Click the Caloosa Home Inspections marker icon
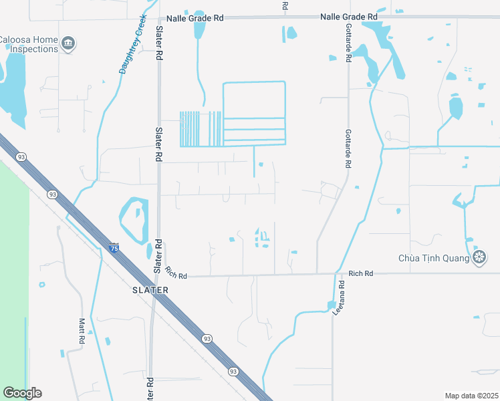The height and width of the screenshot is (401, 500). tap(68, 44)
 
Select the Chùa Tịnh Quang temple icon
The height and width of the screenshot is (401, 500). tap(479, 257)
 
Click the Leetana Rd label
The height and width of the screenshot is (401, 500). tap(341, 298)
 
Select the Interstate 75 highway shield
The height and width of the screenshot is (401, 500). tap(114, 247)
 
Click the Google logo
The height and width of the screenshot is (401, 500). tap(22, 393)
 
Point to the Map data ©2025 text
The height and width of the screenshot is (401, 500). tap(471, 396)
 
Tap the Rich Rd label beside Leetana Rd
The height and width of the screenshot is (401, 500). tap(360, 273)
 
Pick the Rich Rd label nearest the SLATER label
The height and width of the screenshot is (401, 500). tap(176, 273)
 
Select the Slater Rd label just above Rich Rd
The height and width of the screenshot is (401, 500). tap(158, 256)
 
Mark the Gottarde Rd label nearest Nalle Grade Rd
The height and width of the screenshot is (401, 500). tap(348, 45)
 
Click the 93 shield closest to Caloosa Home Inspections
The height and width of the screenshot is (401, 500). tap(21, 156)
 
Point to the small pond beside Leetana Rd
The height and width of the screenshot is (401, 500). tap(332, 305)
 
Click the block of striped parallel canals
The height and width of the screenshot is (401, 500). tap(201, 128)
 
